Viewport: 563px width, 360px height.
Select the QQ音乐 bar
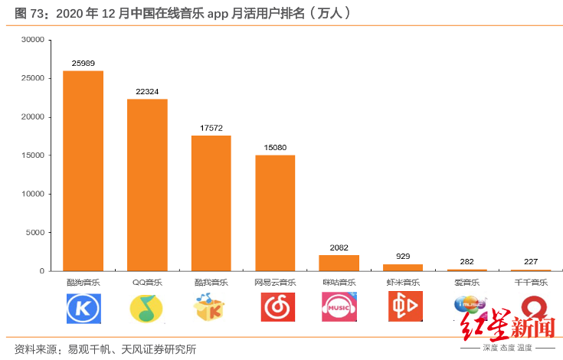[x=147, y=185]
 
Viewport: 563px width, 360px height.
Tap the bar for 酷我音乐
[x=211, y=203]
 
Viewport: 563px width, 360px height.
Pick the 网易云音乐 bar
[x=275, y=213]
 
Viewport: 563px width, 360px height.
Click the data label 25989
[x=83, y=63]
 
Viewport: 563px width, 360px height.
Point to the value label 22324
[x=147, y=91]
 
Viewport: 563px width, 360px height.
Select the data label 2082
[x=339, y=247]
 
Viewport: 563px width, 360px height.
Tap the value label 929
[x=403, y=256]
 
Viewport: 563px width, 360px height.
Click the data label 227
[x=531, y=261]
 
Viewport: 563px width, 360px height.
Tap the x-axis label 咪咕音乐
[x=339, y=283]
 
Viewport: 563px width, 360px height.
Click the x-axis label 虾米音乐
[x=403, y=283]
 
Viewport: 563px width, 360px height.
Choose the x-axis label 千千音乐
[x=531, y=283]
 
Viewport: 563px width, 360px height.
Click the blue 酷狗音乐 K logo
[x=83, y=308]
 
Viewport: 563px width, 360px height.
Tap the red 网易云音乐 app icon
[x=275, y=308]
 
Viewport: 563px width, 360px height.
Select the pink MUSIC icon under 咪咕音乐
[x=339, y=308]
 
